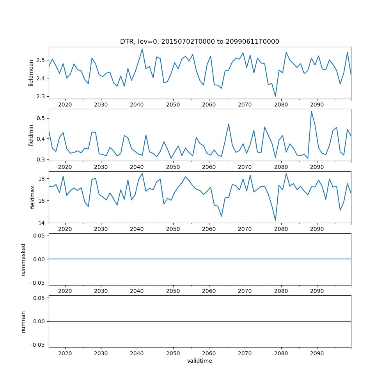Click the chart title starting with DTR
(199, 42)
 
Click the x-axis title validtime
(199, 361)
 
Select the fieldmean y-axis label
(31, 73)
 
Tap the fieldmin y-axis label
(31, 135)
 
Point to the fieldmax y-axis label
(33, 197)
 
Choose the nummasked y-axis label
(23, 259)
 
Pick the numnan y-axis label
(23, 322)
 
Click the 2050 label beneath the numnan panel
(173, 353)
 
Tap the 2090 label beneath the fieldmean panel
(317, 105)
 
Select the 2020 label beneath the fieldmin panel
(65, 167)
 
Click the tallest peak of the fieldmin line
(311, 111)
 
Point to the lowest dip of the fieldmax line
(275, 221)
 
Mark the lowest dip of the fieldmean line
(275, 96)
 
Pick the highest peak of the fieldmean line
(142, 49)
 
